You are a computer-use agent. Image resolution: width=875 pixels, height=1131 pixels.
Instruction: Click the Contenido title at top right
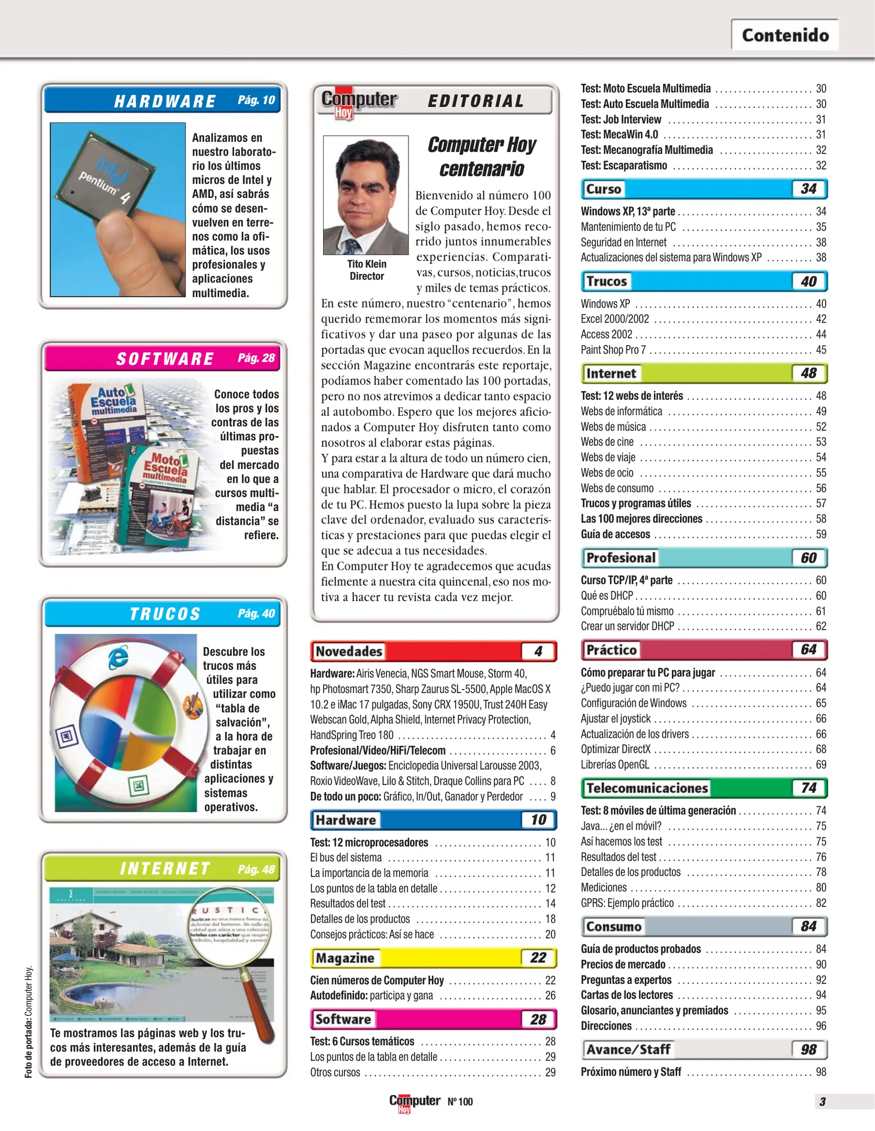[784, 35]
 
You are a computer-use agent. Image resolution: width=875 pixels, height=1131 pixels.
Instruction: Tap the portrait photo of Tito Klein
[365, 195]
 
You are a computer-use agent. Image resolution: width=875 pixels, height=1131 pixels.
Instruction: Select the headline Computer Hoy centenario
[482, 157]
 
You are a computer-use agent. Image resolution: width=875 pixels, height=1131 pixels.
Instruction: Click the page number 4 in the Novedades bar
[538, 651]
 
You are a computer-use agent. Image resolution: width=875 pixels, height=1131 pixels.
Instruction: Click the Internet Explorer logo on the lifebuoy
[119, 658]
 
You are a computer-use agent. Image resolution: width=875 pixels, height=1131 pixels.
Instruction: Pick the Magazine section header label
[345, 958]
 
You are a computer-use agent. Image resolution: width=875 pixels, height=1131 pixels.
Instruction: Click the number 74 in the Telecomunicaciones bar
[808, 788]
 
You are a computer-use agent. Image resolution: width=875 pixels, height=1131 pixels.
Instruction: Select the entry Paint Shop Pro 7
[613, 350]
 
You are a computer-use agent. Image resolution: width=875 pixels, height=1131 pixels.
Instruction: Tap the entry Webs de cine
[607, 442]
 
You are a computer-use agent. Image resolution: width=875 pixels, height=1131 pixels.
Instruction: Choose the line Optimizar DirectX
[615, 749]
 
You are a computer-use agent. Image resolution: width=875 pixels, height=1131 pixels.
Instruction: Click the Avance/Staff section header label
[628, 1049]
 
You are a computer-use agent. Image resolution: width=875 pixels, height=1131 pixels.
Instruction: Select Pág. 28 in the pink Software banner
[256, 358]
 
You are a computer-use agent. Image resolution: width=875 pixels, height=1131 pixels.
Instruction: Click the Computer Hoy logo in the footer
[414, 1102]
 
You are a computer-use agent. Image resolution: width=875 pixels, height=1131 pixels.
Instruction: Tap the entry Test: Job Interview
[621, 119]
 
